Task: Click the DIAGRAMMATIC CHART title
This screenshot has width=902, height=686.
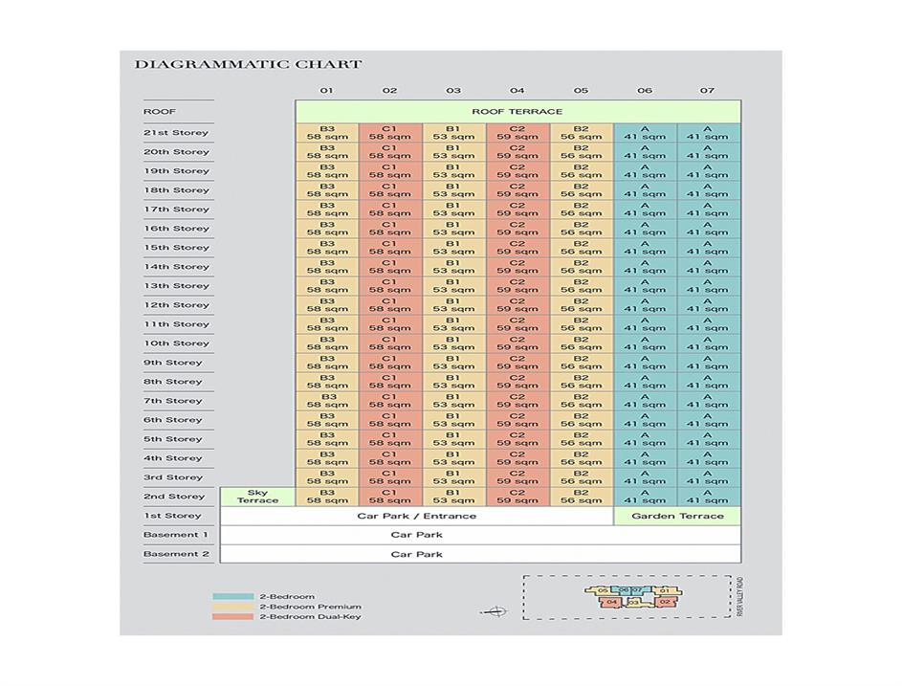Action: pos(248,65)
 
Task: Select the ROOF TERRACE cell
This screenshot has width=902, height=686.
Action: pos(517,112)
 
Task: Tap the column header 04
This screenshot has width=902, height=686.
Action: pos(517,91)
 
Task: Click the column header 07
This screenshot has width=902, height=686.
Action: pos(707,91)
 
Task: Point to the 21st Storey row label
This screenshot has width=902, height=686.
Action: pos(176,133)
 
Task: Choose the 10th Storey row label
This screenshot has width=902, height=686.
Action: pos(176,343)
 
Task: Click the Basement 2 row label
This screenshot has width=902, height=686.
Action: pos(176,554)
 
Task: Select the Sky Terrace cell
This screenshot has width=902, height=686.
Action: pos(257,497)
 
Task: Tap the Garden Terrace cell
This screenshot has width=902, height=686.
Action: pos(677,516)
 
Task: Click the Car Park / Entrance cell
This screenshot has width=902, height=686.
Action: pos(416,516)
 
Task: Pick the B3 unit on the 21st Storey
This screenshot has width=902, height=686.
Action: pos(327,133)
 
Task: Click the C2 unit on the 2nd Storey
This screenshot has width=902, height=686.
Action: pos(517,497)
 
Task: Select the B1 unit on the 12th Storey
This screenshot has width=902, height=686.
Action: pos(453,305)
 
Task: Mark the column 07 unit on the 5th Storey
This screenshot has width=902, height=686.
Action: pos(708,439)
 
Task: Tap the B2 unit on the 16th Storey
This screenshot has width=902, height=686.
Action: pos(582,229)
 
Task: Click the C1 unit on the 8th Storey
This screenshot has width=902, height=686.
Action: pos(390,382)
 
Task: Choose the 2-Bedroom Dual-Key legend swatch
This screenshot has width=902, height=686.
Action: pos(232,617)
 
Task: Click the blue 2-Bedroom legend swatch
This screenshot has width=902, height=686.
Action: pos(232,597)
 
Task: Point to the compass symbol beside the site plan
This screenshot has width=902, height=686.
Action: pos(495,611)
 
